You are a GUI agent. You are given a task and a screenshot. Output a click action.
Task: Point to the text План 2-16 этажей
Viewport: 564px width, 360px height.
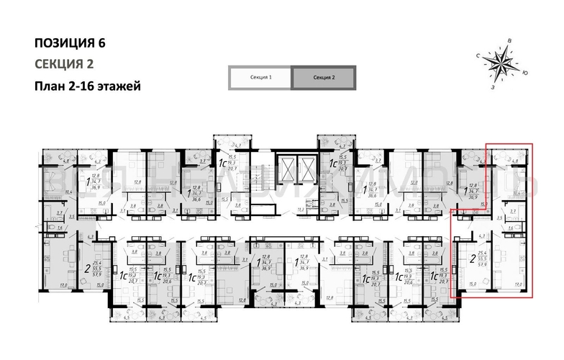(x=87, y=86)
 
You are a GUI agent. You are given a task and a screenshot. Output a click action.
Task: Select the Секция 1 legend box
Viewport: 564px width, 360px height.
(x=259, y=76)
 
